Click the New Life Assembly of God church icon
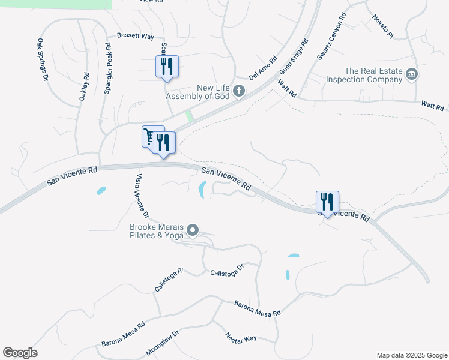[239, 91]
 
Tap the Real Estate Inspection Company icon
[412, 74]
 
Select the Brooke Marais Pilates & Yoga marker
[193, 230]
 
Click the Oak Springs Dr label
[42, 59]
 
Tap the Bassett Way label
[136, 36]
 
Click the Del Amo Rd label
[264, 68]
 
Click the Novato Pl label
[382, 27]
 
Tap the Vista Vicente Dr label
[140, 196]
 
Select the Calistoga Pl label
[168, 278]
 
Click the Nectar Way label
[241, 337]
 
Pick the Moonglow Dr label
[163, 343]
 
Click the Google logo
[20, 353]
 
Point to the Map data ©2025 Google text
[411, 355]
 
